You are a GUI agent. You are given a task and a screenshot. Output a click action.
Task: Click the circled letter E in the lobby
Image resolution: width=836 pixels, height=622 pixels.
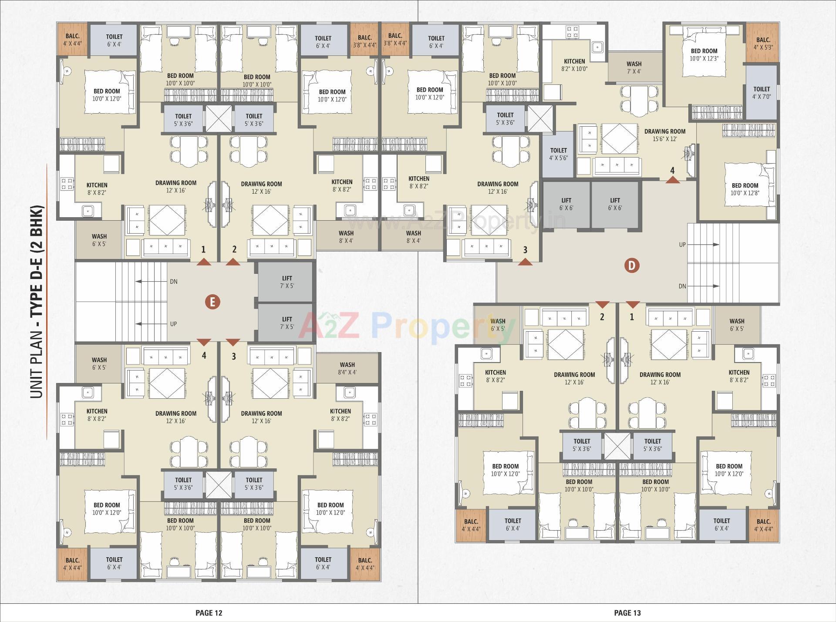212,302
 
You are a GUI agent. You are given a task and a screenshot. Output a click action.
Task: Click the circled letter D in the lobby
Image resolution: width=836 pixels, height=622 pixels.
632,265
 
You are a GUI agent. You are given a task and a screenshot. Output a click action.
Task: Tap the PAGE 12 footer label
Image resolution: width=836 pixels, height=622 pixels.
209,613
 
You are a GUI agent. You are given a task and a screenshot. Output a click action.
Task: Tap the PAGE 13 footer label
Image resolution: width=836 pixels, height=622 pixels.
627,613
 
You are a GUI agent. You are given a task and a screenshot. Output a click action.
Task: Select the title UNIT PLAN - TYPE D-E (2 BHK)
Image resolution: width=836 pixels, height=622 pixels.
38,301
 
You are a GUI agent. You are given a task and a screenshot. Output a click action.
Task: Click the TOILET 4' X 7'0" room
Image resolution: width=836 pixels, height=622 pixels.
762,93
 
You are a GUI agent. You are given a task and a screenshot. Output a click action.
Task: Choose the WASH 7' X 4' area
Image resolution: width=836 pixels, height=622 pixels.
634,67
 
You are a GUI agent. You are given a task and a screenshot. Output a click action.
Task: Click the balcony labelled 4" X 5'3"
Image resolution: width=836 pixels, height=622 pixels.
763,44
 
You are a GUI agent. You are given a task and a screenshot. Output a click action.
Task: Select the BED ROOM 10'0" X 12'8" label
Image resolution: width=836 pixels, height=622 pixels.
745,189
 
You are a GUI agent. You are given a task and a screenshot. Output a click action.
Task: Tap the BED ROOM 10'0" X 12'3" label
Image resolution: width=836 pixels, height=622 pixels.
704,54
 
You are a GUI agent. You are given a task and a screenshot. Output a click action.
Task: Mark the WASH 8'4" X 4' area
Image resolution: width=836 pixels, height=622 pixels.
347,369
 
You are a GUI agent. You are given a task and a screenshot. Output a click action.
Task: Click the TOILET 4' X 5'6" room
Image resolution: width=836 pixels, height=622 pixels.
559,154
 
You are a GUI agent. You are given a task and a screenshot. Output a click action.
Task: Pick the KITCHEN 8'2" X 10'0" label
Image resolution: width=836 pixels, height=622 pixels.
574,65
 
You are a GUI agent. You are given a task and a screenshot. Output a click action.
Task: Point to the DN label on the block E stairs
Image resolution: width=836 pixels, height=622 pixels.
173,282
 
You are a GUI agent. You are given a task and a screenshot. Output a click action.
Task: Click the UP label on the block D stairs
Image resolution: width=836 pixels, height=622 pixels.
682,245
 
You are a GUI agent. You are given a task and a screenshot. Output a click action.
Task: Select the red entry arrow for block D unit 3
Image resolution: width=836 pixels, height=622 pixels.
525,262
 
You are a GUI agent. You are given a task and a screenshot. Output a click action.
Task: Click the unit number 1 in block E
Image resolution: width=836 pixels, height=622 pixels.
203,249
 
